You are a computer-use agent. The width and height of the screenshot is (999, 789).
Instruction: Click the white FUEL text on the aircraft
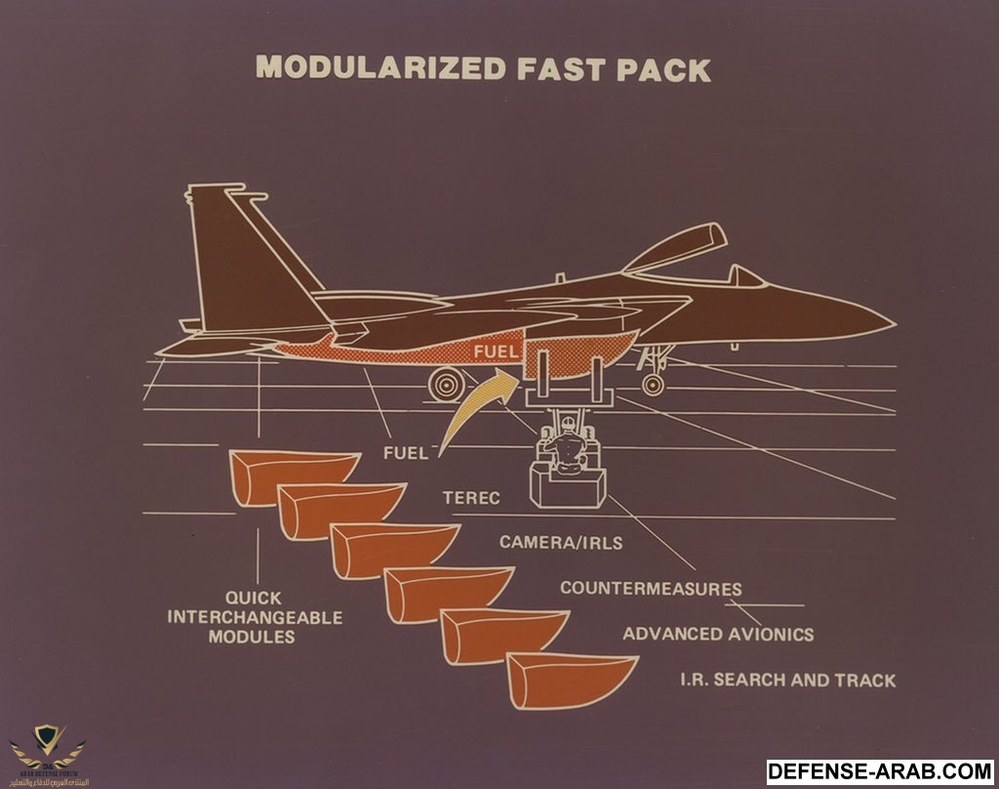pyautogui.click(x=494, y=351)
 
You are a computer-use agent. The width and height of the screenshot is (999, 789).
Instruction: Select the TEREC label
pyautogui.click(x=470, y=498)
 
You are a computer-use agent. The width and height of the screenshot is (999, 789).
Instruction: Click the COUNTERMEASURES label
pyautogui.click(x=650, y=589)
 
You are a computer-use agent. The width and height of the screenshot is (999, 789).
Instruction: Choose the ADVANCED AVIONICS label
pyautogui.click(x=718, y=634)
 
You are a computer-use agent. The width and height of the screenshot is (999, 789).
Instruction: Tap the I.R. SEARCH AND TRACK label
pyautogui.click(x=786, y=680)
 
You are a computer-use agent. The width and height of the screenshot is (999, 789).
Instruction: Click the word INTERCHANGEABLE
pyautogui.click(x=256, y=617)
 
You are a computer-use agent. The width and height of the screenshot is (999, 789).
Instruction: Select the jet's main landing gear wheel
pyautogui.click(x=447, y=382)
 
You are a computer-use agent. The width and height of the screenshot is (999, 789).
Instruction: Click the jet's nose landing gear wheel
pyautogui.click(x=654, y=384)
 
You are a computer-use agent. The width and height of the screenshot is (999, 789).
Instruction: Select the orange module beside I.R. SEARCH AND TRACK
pyautogui.click(x=570, y=679)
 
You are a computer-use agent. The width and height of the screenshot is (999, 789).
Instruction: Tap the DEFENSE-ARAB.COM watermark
pyautogui.click(x=879, y=771)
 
